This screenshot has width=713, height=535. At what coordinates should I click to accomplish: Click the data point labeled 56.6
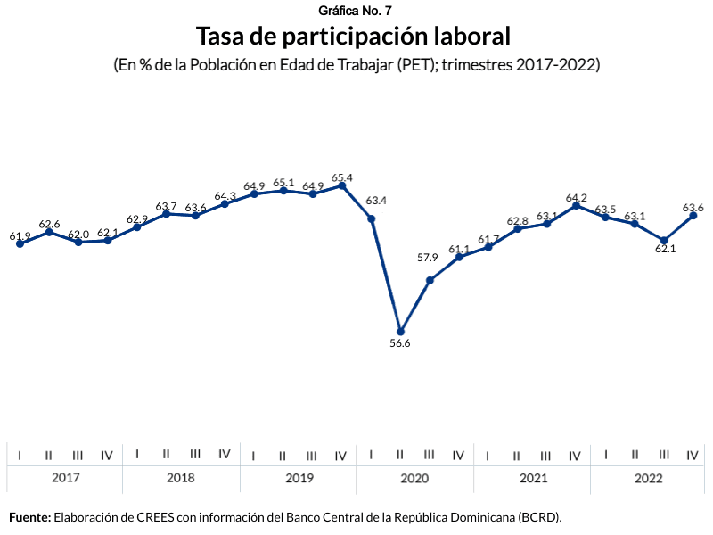click(400, 332)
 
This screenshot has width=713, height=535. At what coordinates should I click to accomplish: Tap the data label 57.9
click(428, 258)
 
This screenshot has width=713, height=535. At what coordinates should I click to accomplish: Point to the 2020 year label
click(414, 478)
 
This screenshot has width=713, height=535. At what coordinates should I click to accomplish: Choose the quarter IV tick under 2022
click(692, 455)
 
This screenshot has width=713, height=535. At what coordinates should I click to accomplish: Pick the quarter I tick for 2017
click(20, 455)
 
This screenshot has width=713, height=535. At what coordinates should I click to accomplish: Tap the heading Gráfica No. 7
click(354, 11)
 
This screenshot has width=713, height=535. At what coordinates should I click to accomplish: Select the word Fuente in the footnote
click(29, 516)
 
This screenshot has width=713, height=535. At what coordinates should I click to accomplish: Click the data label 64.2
click(577, 197)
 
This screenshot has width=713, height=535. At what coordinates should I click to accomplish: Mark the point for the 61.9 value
click(20, 243)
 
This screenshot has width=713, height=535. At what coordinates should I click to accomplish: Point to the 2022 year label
click(649, 478)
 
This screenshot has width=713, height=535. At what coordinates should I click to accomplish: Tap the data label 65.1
click(283, 182)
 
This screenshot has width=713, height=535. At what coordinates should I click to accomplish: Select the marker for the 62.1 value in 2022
click(664, 240)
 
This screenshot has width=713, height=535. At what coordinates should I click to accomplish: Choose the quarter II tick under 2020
click(400, 455)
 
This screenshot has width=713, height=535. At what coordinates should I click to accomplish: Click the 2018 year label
click(181, 478)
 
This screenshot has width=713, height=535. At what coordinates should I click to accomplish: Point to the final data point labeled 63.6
click(693, 216)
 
